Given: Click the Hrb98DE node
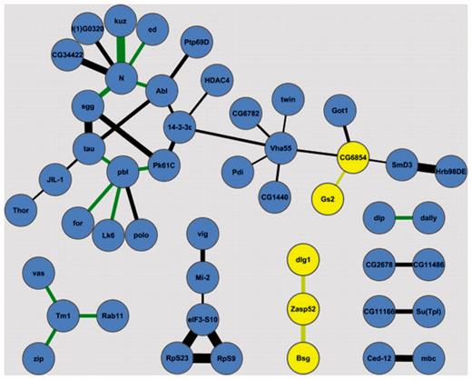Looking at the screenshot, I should click(x=449, y=169).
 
